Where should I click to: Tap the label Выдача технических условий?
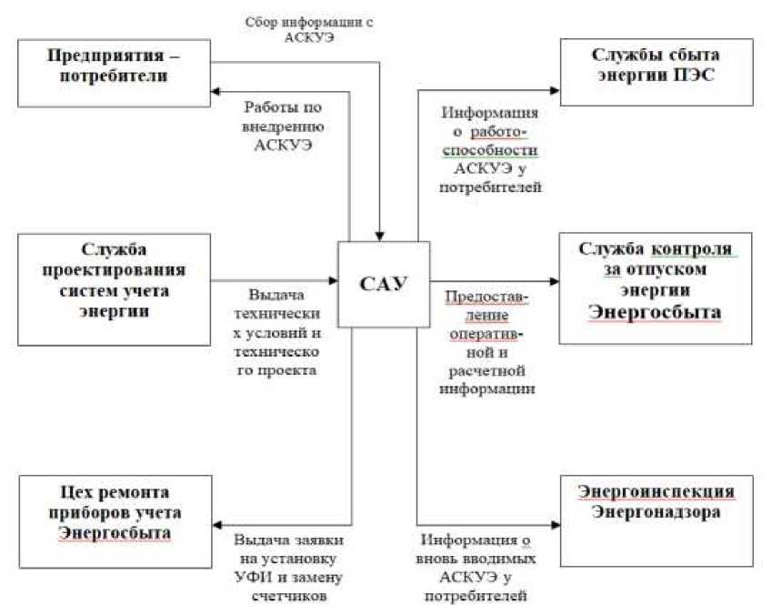pyautogui.click(x=278, y=335)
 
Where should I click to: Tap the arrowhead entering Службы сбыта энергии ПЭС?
pyautogui.click(x=554, y=89)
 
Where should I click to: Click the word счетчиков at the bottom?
pyautogui.click(x=286, y=597)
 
